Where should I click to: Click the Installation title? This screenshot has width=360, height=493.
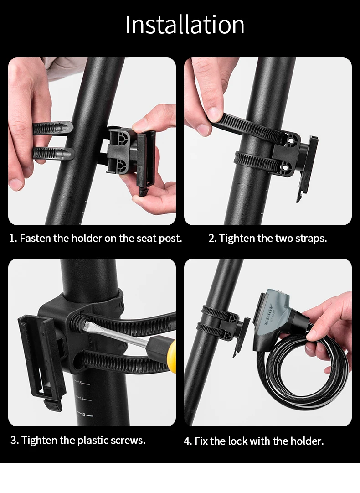185,25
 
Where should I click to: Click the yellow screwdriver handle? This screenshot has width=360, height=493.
171,352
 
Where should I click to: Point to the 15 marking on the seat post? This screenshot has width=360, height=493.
80,383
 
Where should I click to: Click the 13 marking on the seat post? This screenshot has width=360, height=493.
83,414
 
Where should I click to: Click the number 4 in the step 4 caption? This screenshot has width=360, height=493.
187,441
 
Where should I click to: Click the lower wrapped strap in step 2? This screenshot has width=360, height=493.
257,161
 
